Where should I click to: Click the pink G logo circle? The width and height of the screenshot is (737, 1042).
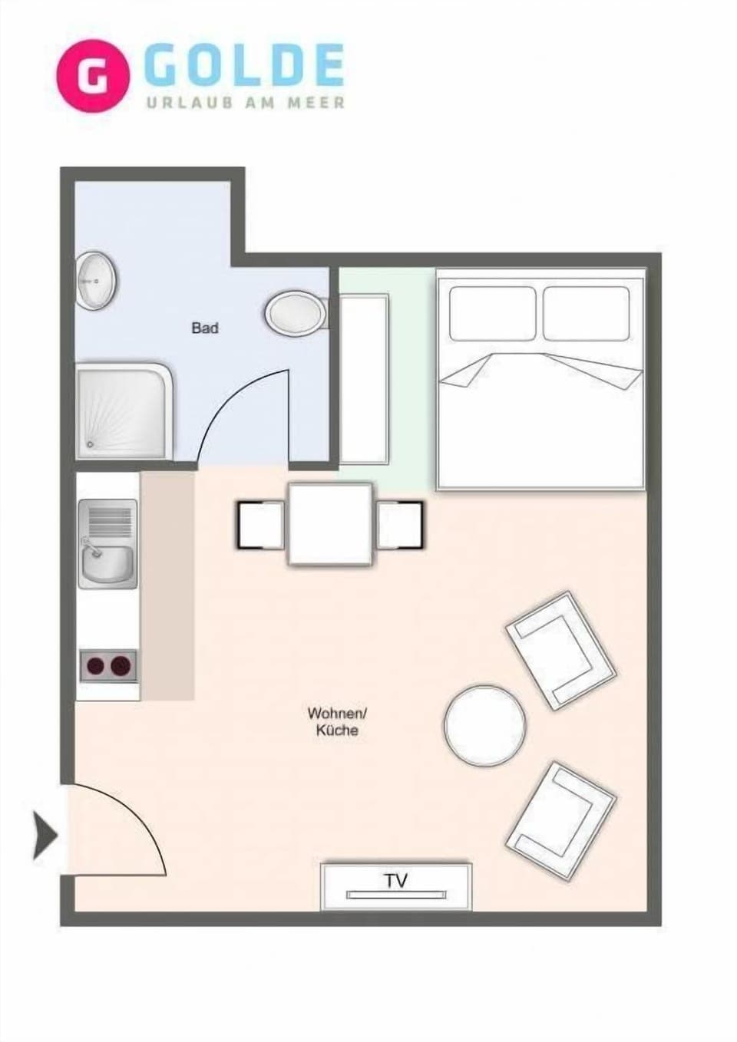coord(93,75)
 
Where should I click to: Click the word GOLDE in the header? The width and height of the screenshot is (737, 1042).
coord(244,66)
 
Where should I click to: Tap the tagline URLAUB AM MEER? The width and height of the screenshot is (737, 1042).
coord(246,103)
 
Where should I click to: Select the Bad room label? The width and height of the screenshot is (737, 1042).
coord(205,328)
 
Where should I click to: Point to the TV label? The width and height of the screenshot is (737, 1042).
coord(396,880)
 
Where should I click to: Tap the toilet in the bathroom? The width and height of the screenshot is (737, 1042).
coord(295,313)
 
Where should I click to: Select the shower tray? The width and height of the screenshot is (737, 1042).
coord(123,411)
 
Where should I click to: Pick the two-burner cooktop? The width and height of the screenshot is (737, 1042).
coord(108,665)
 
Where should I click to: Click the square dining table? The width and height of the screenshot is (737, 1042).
coord(330,524)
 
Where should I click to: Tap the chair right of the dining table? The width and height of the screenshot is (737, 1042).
coord(400,525)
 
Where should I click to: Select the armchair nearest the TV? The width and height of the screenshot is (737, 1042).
coord(561,820)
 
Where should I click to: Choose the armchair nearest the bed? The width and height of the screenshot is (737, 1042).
coord(560,650)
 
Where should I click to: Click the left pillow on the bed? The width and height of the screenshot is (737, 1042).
coord(492,313)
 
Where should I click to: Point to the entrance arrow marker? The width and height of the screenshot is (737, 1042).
coord(45,835)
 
